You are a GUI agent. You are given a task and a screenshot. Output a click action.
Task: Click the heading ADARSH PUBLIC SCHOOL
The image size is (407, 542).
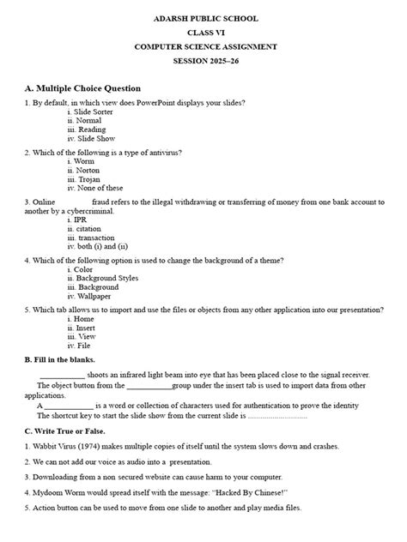(203, 18)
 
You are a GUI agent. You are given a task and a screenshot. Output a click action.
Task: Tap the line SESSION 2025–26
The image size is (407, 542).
(203, 63)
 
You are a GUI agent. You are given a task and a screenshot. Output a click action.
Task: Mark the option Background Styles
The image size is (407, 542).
(106, 279)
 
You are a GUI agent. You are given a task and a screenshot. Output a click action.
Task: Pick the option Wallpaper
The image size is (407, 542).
(94, 298)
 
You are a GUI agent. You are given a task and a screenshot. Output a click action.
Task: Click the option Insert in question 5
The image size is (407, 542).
(86, 328)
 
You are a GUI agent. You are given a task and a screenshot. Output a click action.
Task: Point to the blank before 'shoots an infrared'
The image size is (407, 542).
(62, 376)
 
